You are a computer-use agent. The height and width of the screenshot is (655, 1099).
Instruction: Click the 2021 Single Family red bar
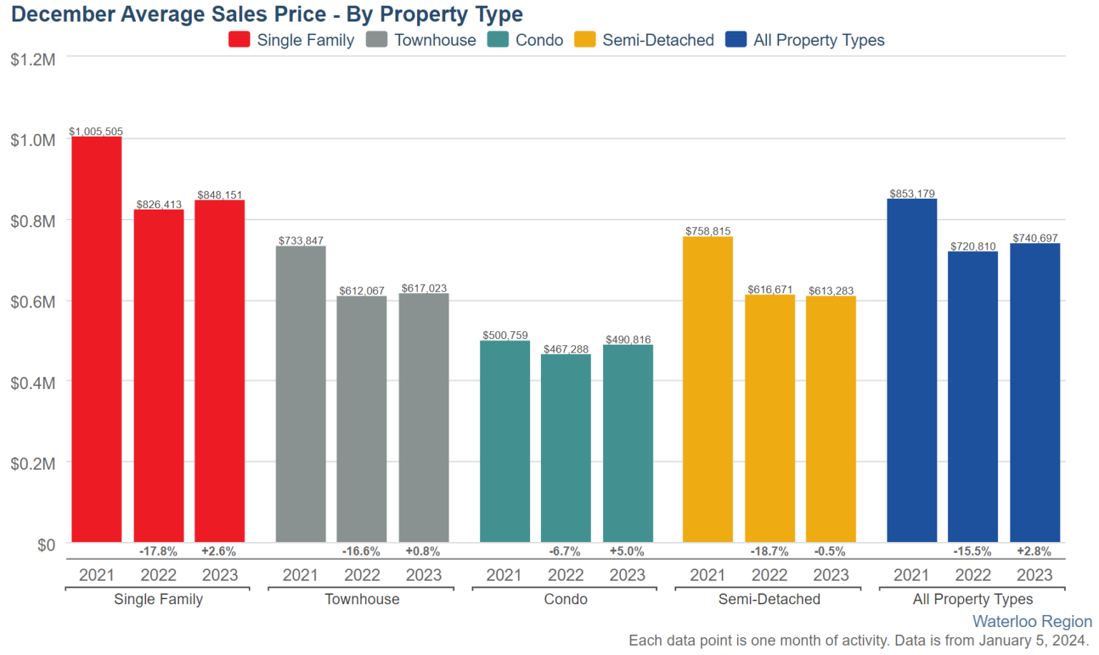(97, 339)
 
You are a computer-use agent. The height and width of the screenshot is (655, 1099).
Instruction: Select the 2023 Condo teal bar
(627, 443)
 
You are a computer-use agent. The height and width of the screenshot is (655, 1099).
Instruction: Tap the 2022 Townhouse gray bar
(362, 419)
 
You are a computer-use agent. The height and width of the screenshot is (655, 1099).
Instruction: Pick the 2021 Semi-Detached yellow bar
(708, 389)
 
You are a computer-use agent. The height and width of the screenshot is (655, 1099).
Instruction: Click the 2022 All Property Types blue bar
(972, 397)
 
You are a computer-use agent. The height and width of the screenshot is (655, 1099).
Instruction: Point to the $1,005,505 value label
(96, 132)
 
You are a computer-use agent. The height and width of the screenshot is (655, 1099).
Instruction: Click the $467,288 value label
(566, 349)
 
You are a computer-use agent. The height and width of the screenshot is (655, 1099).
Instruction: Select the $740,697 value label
(1035, 238)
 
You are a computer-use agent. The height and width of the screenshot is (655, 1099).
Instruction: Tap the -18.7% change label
(769, 551)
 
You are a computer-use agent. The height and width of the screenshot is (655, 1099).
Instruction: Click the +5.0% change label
(627, 551)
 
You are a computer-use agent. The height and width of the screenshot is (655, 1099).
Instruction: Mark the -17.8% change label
(158, 551)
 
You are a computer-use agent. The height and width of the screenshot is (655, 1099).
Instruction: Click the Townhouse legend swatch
(376, 39)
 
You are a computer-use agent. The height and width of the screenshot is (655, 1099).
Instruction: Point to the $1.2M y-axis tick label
(33, 59)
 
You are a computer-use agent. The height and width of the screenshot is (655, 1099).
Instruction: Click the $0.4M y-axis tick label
(33, 383)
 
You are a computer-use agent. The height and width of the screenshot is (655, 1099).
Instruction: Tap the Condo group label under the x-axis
(565, 599)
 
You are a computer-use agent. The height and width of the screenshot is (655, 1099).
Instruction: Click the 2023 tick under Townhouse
(424, 575)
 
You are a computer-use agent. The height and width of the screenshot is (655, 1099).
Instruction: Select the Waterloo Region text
(1032, 621)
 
